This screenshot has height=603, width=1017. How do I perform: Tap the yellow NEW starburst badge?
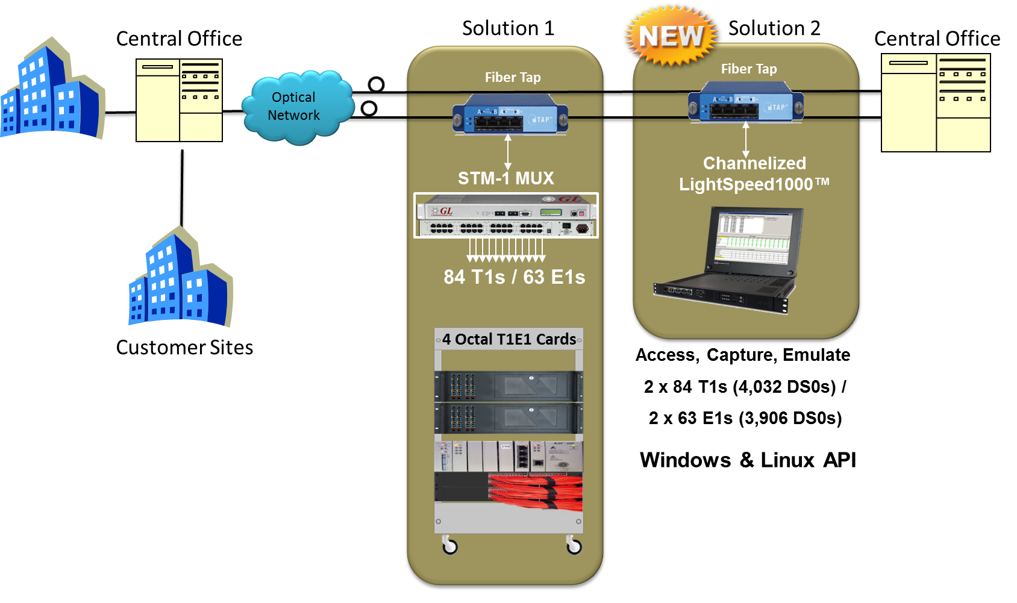671,36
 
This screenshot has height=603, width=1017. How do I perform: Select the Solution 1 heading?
508,28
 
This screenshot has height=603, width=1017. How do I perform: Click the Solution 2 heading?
774,28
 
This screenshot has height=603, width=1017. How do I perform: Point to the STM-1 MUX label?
505,178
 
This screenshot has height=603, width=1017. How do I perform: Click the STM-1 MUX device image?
506,215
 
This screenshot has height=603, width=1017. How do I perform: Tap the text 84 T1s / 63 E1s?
514,277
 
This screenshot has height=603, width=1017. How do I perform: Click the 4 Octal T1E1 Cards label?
508,339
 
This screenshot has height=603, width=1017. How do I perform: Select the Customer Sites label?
184,348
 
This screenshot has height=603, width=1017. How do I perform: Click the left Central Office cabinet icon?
179,100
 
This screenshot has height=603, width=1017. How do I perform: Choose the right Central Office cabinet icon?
936,102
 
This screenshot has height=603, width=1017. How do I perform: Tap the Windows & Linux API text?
747,460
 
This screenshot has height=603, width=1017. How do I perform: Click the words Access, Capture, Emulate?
743,355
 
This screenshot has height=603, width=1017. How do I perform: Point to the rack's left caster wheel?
449,545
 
